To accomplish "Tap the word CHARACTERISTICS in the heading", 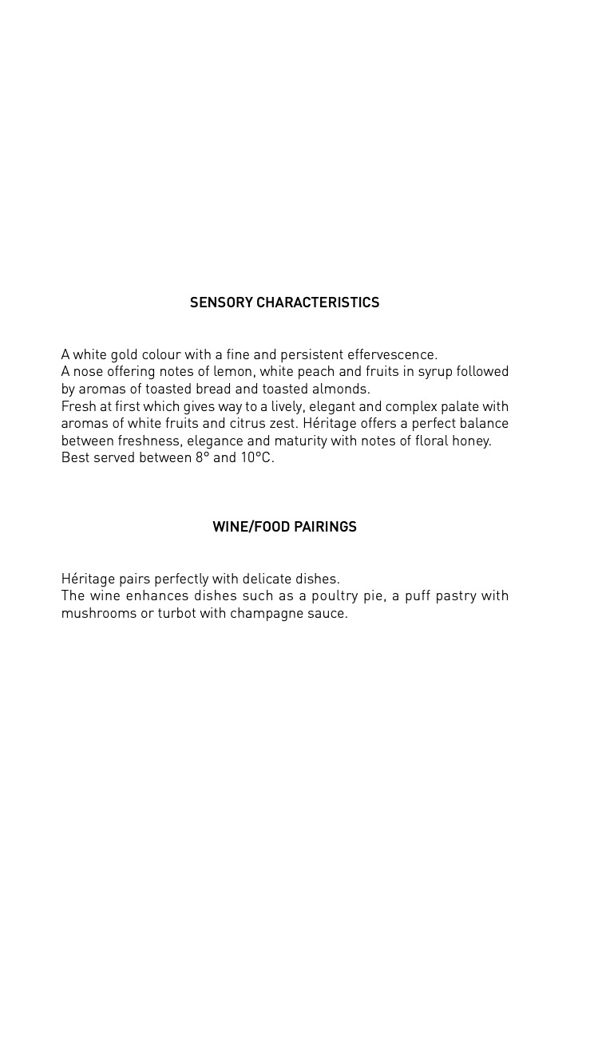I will (x=318, y=303).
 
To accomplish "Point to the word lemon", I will (x=232, y=372).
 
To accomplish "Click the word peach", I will (x=328, y=372).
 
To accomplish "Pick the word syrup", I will (x=435, y=372).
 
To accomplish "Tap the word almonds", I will (x=345, y=390).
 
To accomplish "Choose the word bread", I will (x=213, y=390).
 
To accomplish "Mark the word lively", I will (x=286, y=407).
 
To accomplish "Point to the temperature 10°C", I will (x=256, y=458).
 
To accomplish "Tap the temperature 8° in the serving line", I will (x=201, y=458).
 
